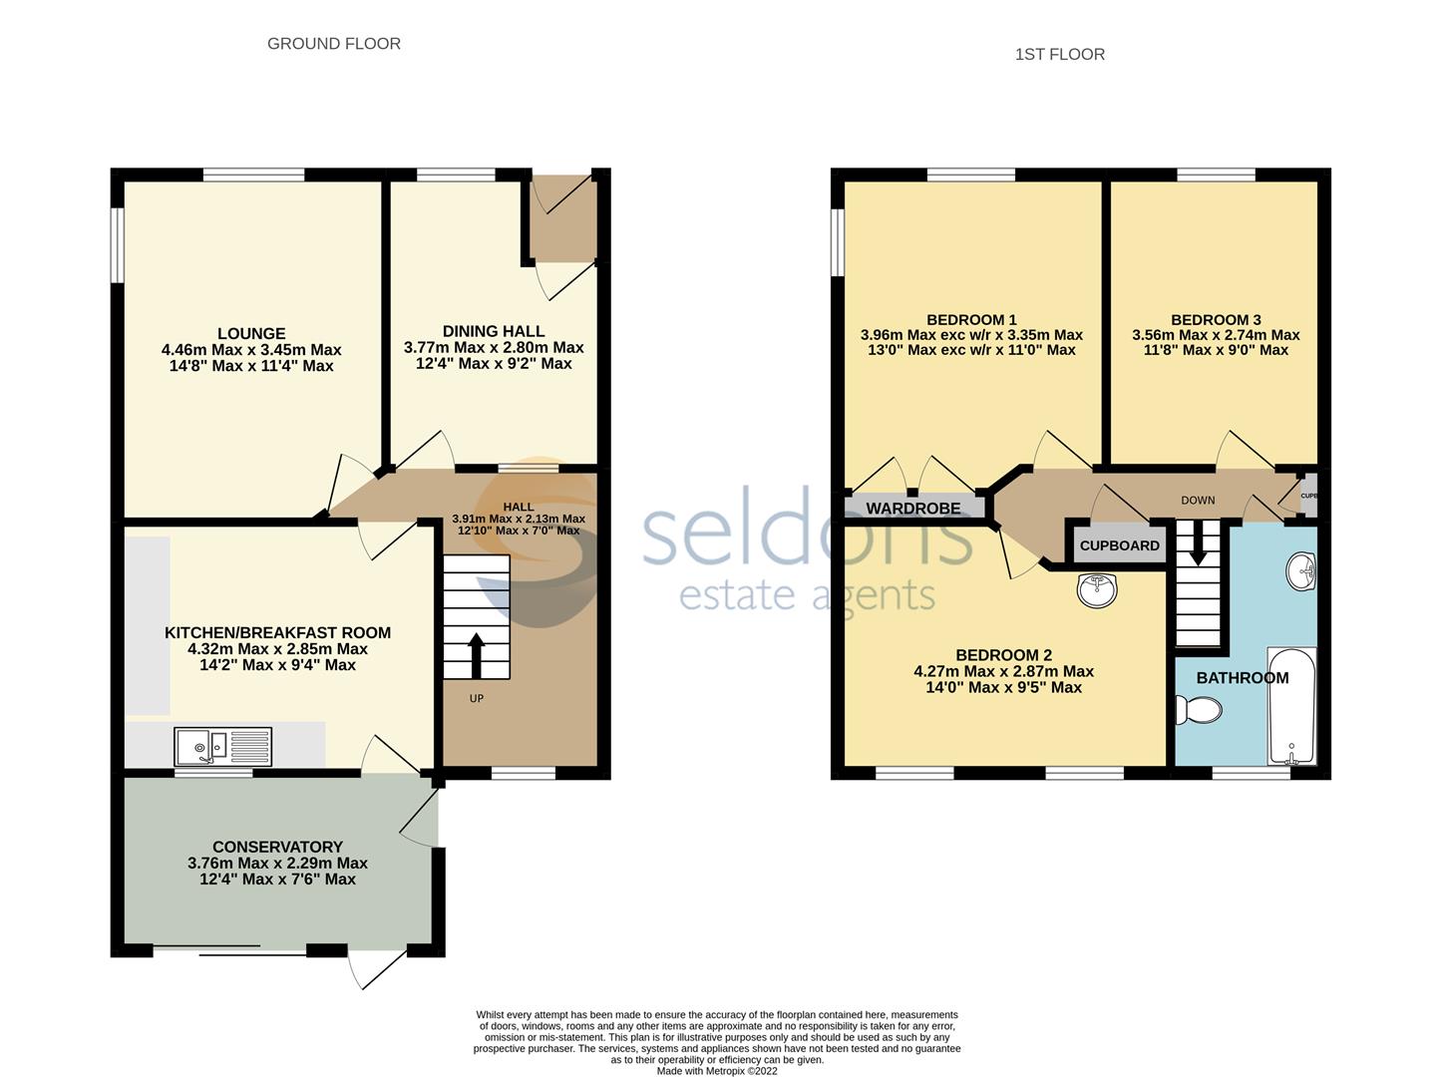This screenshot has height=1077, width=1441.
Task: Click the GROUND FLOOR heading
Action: pos(333,44)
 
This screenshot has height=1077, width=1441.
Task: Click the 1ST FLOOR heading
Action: pos(1059,55)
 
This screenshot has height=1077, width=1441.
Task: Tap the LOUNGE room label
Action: pos(251,334)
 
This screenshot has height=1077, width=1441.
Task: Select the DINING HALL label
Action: pos(494,331)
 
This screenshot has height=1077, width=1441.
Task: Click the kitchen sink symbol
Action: pos(222,745)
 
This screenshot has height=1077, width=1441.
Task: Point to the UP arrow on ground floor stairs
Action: pos(477,654)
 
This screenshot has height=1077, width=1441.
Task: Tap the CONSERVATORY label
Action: pos(277,847)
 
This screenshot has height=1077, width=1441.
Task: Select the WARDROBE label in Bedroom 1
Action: pos(912,509)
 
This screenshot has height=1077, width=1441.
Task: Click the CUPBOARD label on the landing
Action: pos(1119,545)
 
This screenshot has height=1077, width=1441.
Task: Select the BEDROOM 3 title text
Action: pos(1216,320)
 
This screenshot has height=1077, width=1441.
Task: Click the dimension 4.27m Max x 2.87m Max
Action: pos(1003,671)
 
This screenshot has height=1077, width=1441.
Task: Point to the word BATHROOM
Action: pos(1242,678)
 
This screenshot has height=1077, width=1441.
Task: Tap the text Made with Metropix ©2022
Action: pos(717,1071)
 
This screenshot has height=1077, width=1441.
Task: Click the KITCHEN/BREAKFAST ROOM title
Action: pos(277,632)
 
